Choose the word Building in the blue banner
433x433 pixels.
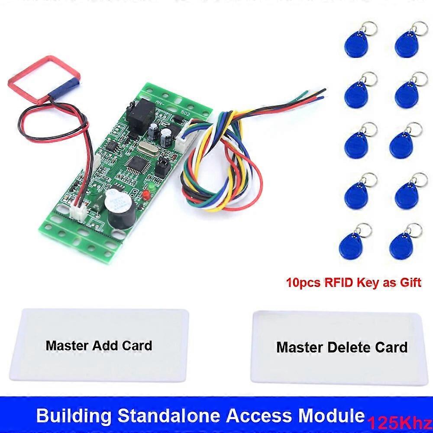tap(74, 416)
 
